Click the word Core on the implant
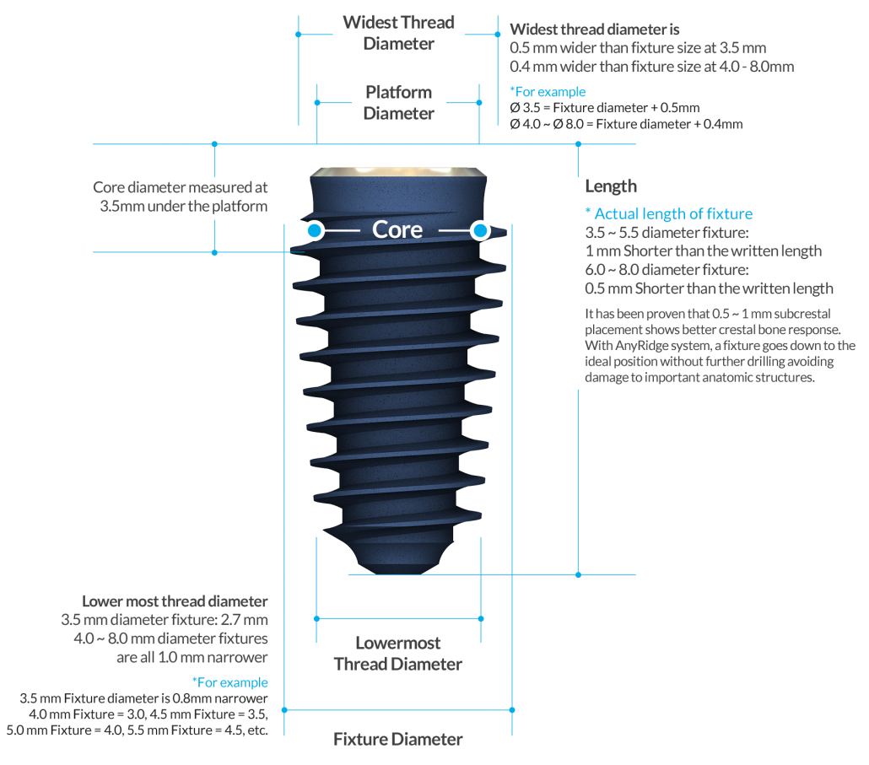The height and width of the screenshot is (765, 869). pos(397,229)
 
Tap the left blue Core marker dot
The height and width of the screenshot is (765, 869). pos(315,230)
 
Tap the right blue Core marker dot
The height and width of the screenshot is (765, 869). pos(480,230)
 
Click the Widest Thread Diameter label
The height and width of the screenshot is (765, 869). pos(398,33)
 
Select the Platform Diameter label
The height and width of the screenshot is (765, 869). pos(398,103)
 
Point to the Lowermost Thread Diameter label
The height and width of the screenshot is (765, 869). pos(398,653)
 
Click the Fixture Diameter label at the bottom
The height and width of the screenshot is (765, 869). pos(398,739)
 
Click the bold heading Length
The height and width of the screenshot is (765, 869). pos(611,186)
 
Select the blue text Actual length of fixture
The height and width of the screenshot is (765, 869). pos(673,213)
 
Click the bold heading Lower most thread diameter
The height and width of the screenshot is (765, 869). pos(175,601)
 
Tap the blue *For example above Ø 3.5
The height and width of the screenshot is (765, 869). pos(548,91)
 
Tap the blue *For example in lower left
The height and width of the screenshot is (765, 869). pos(230,681)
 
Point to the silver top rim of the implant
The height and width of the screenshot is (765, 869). pos(398,172)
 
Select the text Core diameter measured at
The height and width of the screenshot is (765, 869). pos(180,187)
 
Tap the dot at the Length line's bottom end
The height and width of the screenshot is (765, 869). pos(578,574)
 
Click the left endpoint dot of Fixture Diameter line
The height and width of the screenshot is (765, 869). pos(284,709)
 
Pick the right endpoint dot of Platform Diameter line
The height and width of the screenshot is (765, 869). pos(479,103)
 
